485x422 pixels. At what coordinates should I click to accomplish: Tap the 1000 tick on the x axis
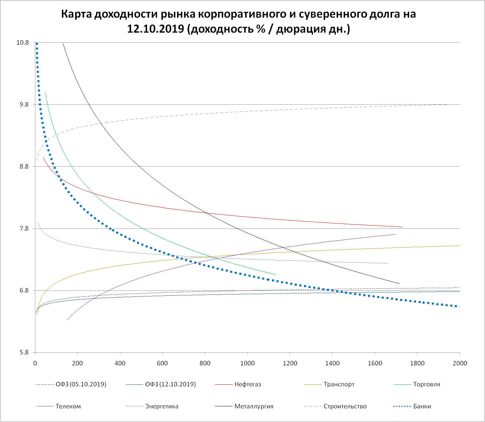click(x=247, y=363)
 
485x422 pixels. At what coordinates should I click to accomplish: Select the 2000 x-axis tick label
click(x=460, y=363)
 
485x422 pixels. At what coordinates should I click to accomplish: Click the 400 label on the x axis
click(x=120, y=363)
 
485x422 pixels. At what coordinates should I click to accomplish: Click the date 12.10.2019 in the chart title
click(x=156, y=29)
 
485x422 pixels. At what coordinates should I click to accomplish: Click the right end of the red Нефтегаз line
click(x=402, y=227)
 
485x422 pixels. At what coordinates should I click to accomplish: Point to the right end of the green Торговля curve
click(x=276, y=275)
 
